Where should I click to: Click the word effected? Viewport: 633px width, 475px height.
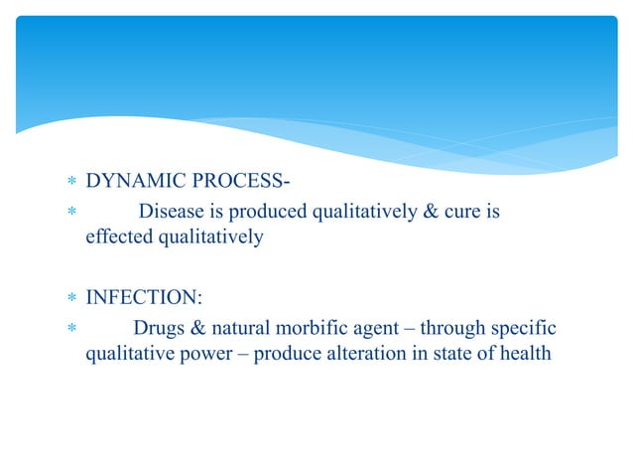(115, 238)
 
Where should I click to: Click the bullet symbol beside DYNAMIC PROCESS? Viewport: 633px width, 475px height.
(69, 183)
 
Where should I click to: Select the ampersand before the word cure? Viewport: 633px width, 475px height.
(430, 211)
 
